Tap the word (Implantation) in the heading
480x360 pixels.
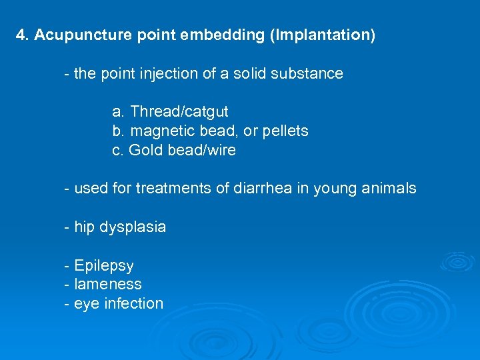click(x=323, y=35)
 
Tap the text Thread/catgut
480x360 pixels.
click(x=179, y=112)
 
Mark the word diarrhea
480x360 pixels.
click(x=261, y=189)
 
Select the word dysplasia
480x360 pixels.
click(x=133, y=227)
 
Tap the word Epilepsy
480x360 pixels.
click(x=104, y=266)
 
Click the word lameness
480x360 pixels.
click(x=108, y=285)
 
